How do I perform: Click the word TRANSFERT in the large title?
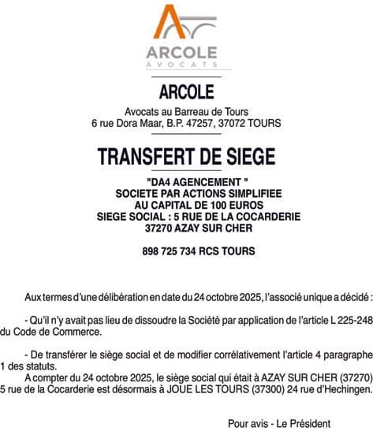pyautogui.click(x=145, y=158)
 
